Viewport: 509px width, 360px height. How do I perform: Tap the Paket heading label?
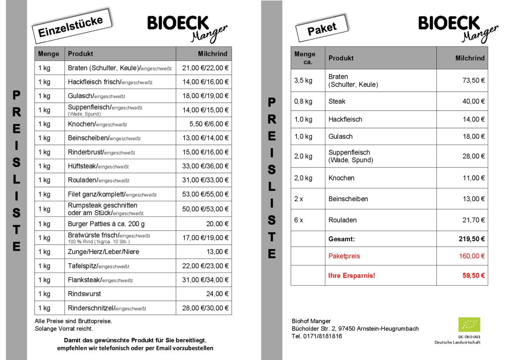[322, 28]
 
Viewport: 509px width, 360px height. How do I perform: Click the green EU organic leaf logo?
[469, 325]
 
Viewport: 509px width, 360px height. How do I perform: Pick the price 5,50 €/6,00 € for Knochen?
[209, 124]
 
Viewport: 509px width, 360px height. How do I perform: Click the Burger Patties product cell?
[106, 224]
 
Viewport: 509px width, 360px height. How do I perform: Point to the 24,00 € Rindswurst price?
[217, 293]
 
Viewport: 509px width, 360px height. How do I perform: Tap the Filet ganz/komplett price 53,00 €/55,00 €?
[205, 194]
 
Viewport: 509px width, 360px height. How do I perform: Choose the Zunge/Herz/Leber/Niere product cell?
[103, 252]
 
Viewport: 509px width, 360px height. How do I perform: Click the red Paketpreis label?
[344, 256]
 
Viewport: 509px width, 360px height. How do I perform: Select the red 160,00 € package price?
[472, 256]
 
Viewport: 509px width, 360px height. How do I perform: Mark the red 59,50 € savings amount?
[473, 276]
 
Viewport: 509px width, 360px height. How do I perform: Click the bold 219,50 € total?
[472, 239]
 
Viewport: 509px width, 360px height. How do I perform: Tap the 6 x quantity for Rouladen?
[299, 220]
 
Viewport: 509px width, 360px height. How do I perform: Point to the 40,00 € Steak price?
[473, 101]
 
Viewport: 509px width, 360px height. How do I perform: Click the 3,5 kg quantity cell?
[303, 81]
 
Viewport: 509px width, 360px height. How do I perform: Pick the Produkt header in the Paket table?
[341, 58]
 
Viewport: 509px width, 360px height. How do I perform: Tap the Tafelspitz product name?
[82, 266]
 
